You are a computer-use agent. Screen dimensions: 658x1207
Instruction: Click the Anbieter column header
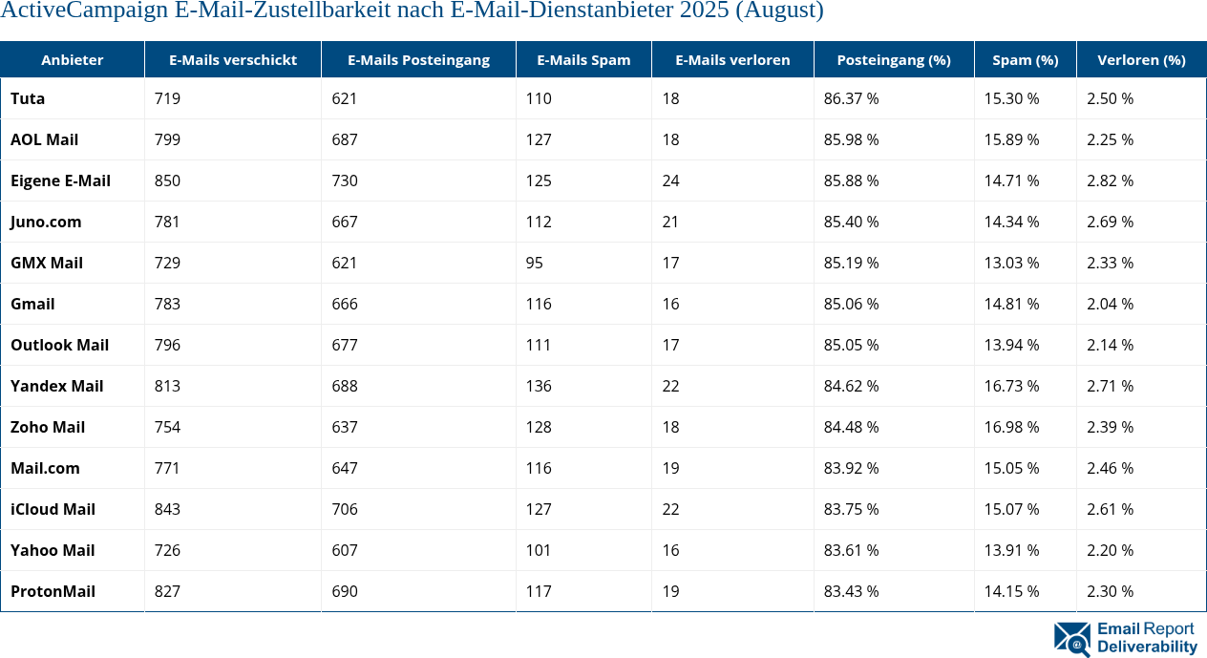pyautogui.click(x=73, y=59)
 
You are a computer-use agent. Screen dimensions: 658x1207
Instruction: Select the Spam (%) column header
pyautogui.click(x=1025, y=59)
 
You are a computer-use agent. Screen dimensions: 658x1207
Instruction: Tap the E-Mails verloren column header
pyautogui.click(x=732, y=59)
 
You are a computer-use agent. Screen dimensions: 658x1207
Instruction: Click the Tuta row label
pyautogui.click(x=28, y=98)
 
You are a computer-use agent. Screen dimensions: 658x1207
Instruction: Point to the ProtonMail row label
pyautogui.click(x=53, y=591)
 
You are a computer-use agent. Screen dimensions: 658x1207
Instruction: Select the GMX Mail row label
pyautogui.click(x=47, y=263)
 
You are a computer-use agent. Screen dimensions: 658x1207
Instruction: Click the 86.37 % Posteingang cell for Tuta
pyautogui.click(x=851, y=98)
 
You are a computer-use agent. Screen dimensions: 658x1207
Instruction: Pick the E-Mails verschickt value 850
pyautogui.click(x=167, y=180)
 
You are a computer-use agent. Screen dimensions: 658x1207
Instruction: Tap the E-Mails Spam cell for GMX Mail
pyautogui.click(x=534, y=263)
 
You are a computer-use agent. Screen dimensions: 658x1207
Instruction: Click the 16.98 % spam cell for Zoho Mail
pyautogui.click(x=1011, y=427)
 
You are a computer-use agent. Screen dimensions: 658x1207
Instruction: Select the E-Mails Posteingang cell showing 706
pyautogui.click(x=345, y=509)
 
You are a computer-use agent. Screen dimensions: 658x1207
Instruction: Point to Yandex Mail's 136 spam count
pyautogui.click(x=539, y=386)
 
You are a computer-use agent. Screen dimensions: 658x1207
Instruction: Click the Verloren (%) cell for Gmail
pyautogui.click(x=1110, y=304)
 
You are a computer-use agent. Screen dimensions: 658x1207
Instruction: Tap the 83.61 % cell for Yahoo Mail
pyautogui.click(x=851, y=550)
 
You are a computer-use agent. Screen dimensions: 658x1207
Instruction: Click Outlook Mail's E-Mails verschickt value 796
pyautogui.click(x=167, y=345)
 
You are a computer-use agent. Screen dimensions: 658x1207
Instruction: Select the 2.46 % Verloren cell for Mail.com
pyautogui.click(x=1110, y=468)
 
